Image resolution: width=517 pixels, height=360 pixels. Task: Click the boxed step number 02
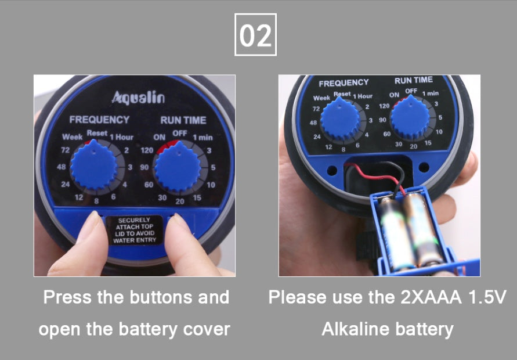255,35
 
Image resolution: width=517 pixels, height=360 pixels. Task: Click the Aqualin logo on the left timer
138,98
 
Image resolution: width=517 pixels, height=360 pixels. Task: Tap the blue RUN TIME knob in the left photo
178,167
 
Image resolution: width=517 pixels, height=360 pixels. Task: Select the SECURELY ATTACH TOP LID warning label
135,230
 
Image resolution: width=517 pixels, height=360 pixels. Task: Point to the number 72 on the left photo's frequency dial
66,150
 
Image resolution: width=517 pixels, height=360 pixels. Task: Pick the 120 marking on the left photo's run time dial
147,150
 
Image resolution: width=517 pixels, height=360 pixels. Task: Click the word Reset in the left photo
97,134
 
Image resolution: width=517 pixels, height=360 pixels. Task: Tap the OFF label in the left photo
180,134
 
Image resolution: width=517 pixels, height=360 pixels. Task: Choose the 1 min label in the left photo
203,137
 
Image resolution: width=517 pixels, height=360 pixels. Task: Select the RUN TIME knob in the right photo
410,117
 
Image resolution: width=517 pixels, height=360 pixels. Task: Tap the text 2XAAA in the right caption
431,297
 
